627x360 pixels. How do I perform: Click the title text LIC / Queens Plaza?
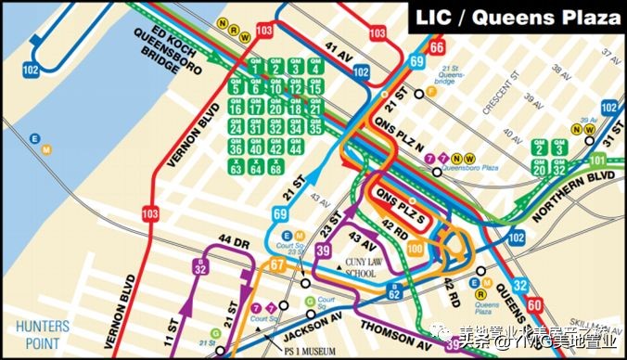(518, 18)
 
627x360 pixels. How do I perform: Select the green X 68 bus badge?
(275, 168)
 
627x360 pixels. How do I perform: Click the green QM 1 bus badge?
(255, 67)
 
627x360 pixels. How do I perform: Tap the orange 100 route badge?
(415, 248)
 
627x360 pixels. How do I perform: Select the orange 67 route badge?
(275, 267)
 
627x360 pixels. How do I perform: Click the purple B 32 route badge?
(200, 268)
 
